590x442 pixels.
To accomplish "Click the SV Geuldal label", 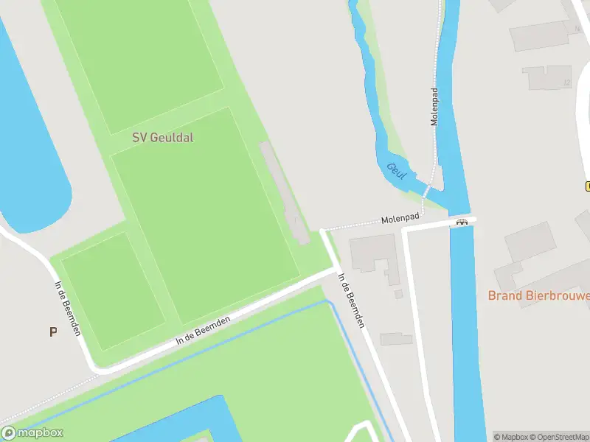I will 162,137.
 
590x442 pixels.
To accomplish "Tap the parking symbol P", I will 52,331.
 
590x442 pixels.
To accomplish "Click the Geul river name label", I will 396,170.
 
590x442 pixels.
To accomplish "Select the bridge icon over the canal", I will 462,222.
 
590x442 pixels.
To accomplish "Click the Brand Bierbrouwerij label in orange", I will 538,295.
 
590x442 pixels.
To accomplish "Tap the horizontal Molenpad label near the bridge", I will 400,219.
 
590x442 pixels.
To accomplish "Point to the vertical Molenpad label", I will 434,108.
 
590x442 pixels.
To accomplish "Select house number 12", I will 566,83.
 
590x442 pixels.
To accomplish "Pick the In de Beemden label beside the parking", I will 67,308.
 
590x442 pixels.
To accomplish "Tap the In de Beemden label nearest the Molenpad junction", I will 350,301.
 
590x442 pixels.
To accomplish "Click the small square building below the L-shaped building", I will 398,294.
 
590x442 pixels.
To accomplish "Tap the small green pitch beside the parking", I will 112,290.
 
